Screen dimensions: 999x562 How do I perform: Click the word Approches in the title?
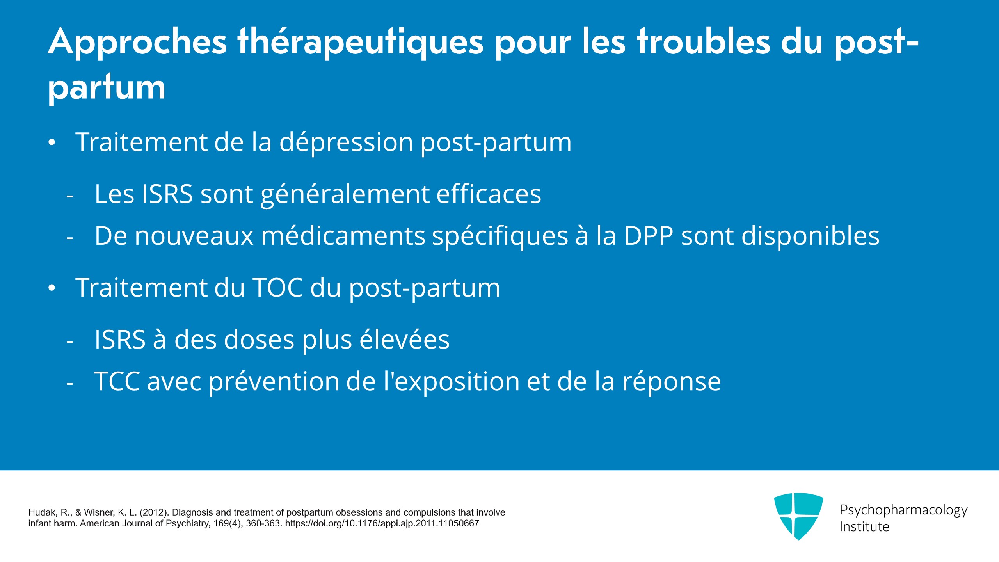click(137, 42)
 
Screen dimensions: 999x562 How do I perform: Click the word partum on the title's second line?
click(107, 87)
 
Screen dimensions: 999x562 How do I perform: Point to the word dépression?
click(346, 142)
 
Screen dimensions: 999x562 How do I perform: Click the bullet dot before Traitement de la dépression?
click(52, 143)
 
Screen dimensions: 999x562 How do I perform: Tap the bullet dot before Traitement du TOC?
click(52, 288)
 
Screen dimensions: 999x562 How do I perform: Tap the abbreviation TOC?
click(278, 288)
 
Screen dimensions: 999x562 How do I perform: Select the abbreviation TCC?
click(117, 381)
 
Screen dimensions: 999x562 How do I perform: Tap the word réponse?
click(672, 381)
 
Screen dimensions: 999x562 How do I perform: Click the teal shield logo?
click(798, 516)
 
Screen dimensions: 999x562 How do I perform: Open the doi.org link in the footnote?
click(382, 523)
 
